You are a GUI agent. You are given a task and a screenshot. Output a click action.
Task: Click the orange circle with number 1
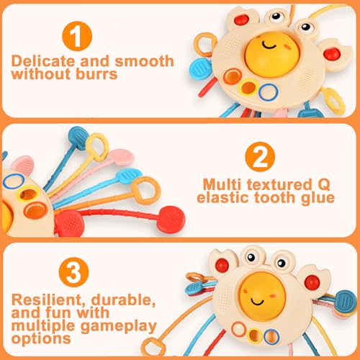tap(77, 36)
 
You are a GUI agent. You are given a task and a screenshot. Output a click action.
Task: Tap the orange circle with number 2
tap(260, 157)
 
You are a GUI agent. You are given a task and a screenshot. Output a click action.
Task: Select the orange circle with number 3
tap(73, 272)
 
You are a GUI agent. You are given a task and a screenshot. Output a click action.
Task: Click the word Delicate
tap(43, 61)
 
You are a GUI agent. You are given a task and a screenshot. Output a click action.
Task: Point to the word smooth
tap(144, 61)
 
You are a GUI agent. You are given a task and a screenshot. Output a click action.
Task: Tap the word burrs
tap(96, 73)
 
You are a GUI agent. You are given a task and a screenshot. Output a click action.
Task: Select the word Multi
tap(222, 185)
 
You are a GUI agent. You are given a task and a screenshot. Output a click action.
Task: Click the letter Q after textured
tap(323, 185)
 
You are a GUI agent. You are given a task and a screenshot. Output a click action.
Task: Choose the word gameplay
tap(119, 327)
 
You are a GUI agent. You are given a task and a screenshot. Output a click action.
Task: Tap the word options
tap(41, 339)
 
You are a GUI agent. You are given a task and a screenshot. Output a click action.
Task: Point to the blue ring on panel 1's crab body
tap(269, 92)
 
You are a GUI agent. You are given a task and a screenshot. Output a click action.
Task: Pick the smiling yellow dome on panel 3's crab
tap(263, 297)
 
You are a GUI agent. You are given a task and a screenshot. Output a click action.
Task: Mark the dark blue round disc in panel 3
tap(346, 301)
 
